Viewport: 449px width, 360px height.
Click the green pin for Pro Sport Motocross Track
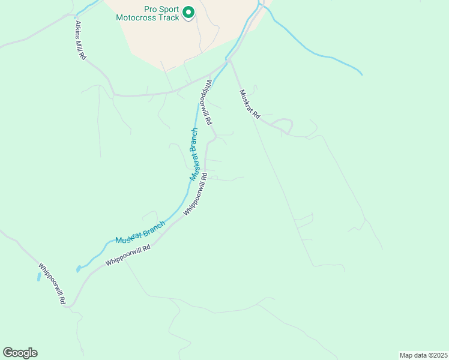[x=188, y=12]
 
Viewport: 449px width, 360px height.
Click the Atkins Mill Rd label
[x=80, y=40]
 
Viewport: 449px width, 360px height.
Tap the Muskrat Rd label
[x=249, y=104]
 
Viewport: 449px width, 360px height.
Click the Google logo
[x=20, y=352]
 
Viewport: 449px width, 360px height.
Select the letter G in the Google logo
[x=8, y=352]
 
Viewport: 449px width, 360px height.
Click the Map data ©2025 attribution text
[x=423, y=355]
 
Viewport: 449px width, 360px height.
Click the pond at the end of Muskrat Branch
[x=78, y=269]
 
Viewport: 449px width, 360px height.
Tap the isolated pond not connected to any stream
[x=39, y=277]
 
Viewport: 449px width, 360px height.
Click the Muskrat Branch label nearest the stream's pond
[x=140, y=232]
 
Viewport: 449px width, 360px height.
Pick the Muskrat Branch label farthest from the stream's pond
[x=194, y=154]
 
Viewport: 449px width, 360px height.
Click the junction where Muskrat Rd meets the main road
[x=229, y=60]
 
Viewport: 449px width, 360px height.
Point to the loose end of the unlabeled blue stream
[x=362, y=74]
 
